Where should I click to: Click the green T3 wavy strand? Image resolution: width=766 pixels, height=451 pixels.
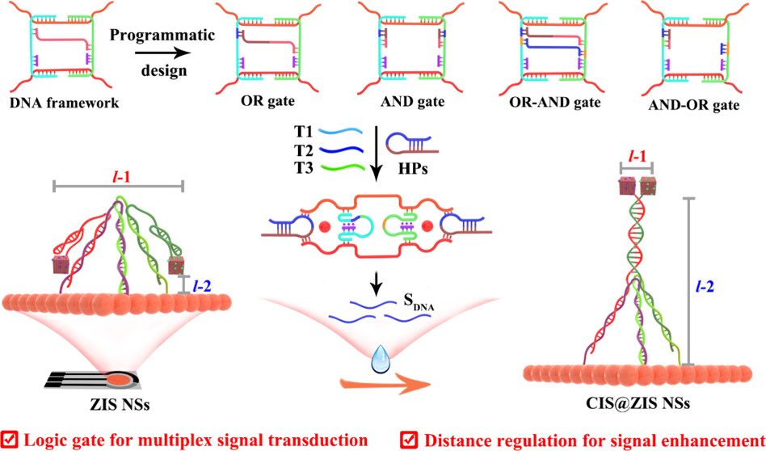tap(343, 168)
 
